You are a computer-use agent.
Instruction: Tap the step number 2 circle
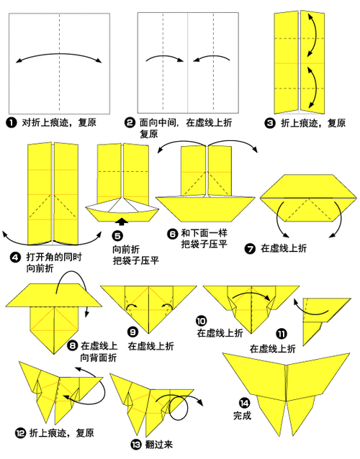(x=130, y=123)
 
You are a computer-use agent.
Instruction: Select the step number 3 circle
(x=271, y=123)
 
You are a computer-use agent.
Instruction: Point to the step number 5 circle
(x=118, y=235)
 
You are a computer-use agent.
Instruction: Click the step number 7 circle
(x=250, y=248)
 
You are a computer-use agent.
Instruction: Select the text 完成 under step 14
(x=243, y=416)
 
